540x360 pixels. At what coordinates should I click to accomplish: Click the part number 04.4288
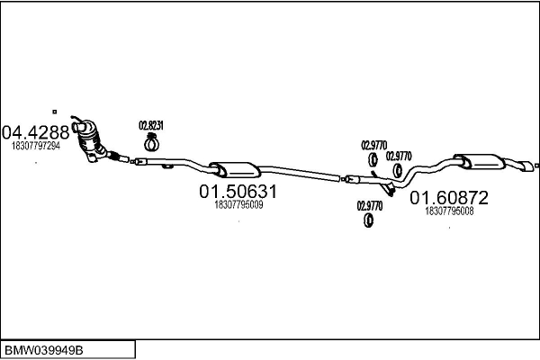[35, 131]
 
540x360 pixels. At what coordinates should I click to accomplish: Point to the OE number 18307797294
[36, 145]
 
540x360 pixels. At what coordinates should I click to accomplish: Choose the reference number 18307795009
[238, 205]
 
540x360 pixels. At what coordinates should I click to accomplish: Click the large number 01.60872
[449, 197]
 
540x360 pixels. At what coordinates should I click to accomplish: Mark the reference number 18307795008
[449, 211]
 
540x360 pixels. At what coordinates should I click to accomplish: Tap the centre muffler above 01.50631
[233, 169]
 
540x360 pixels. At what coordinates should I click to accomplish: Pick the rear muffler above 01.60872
[481, 163]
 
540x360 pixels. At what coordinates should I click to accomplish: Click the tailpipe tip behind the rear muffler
[525, 166]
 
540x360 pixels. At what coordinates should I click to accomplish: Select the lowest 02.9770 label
[369, 205]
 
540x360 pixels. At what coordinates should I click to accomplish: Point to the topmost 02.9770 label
[373, 144]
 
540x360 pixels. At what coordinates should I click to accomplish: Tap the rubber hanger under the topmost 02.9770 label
[373, 161]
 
